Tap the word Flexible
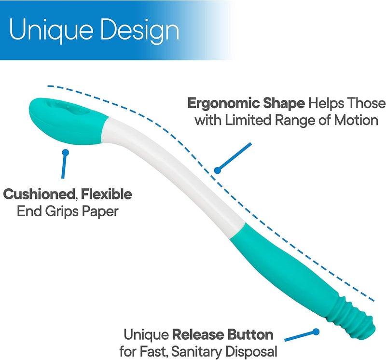pos(106,195)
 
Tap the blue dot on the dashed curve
pos(218,170)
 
